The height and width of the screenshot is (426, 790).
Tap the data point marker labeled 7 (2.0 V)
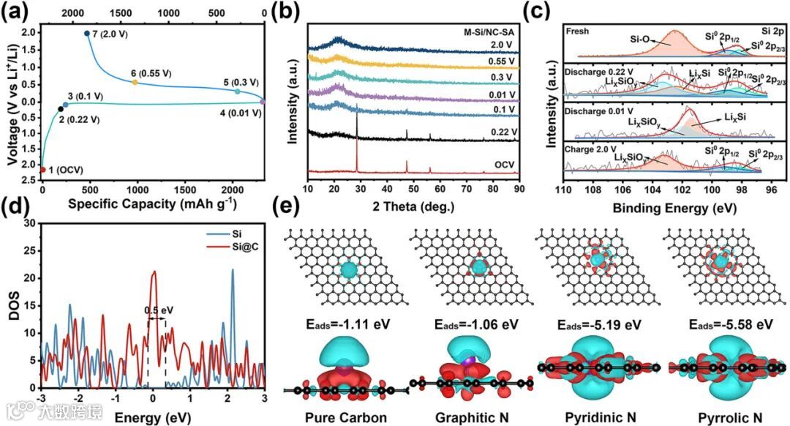tap(87, 34)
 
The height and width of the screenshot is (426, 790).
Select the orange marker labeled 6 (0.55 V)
tap(135, 82)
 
